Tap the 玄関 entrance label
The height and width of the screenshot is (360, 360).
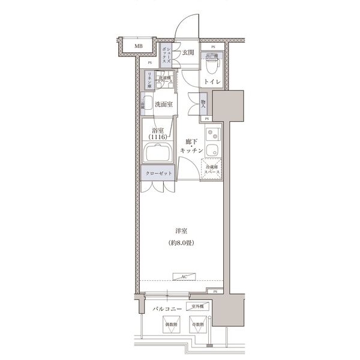click(x=188, y=52)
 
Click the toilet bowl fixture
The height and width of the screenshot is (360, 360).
click(x=214, y=62)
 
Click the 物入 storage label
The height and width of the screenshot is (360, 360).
click(x=203, y=104)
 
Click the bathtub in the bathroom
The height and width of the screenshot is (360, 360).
click(x=158, y=155)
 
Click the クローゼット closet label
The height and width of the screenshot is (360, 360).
click(x=158, y=173)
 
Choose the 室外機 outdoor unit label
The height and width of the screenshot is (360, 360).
click(x=197, y=306)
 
